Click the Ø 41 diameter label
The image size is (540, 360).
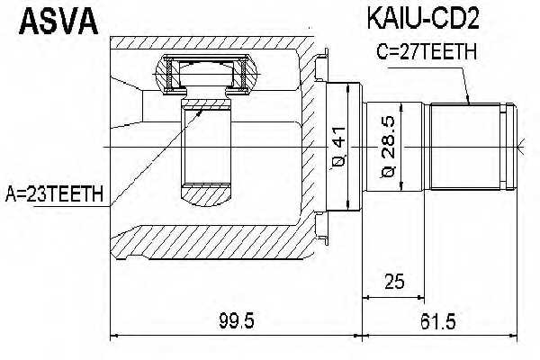coord(336,148)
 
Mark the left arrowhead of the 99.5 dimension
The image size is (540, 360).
coord(113,337)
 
